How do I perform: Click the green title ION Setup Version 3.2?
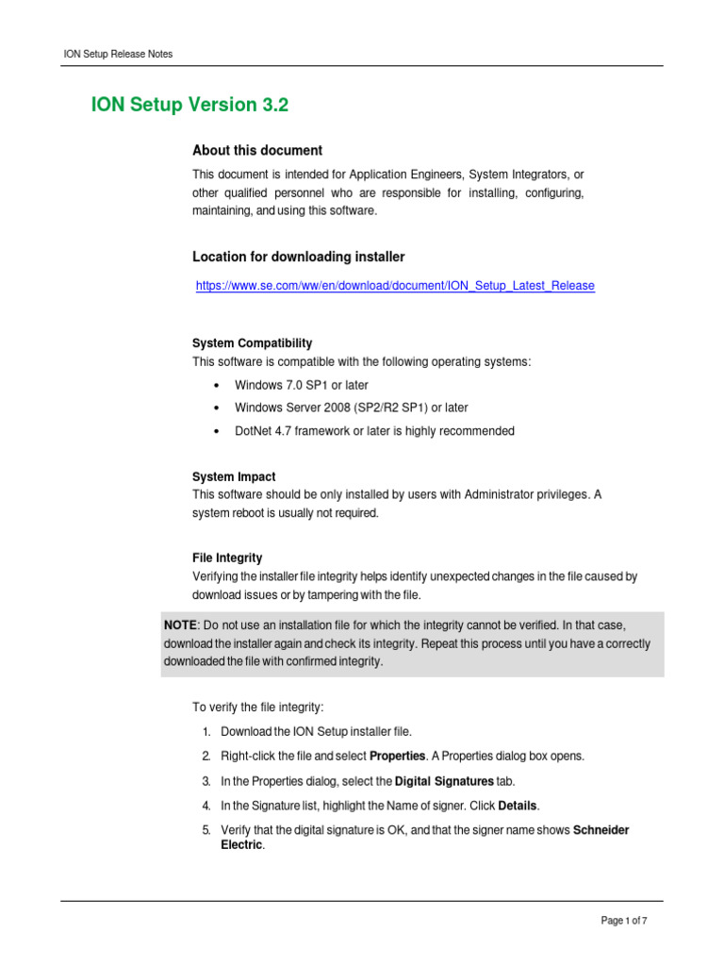pos(189,106)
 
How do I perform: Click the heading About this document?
pos(257,150)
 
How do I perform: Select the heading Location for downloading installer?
pos(299,257)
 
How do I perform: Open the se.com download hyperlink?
pos(395,285)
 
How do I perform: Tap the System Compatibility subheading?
pos(252,343)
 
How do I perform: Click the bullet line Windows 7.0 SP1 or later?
pos(302,385)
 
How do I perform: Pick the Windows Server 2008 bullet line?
pos(351,408)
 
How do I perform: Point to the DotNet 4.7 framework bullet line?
pos(374,431)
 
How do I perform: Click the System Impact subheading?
pos(234,477)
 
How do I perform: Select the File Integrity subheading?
pos(227,558)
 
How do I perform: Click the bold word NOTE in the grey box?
pos(180,625)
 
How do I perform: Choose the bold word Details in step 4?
pos(518,806)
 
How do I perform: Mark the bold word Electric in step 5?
pos(235,845)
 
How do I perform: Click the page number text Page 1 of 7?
pos(624,922)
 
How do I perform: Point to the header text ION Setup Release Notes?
pos(117,54)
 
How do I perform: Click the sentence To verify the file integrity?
pos(257,707)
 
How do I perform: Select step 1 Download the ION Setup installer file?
pos(316,731)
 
